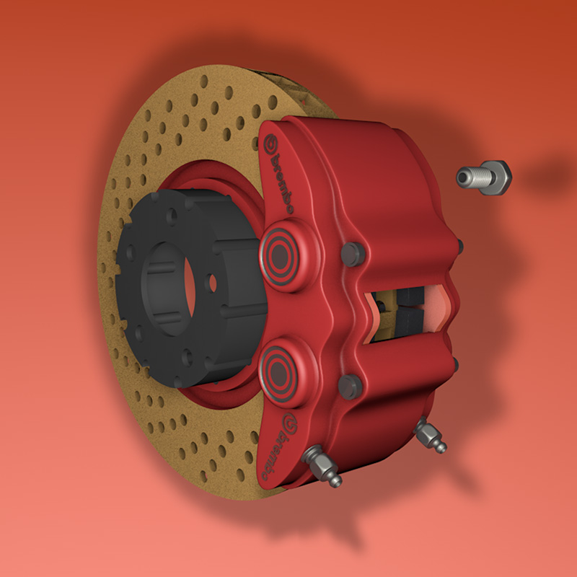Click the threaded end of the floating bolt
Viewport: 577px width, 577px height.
pos(469,177)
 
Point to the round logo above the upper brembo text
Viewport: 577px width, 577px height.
pos(272,141)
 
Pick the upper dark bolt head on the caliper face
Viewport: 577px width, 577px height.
pos(352,253)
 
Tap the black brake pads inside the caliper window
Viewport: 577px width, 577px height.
pos(405,307)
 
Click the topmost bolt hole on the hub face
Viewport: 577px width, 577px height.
pos(173,215)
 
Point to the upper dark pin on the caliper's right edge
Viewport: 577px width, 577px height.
pos(459,246)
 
